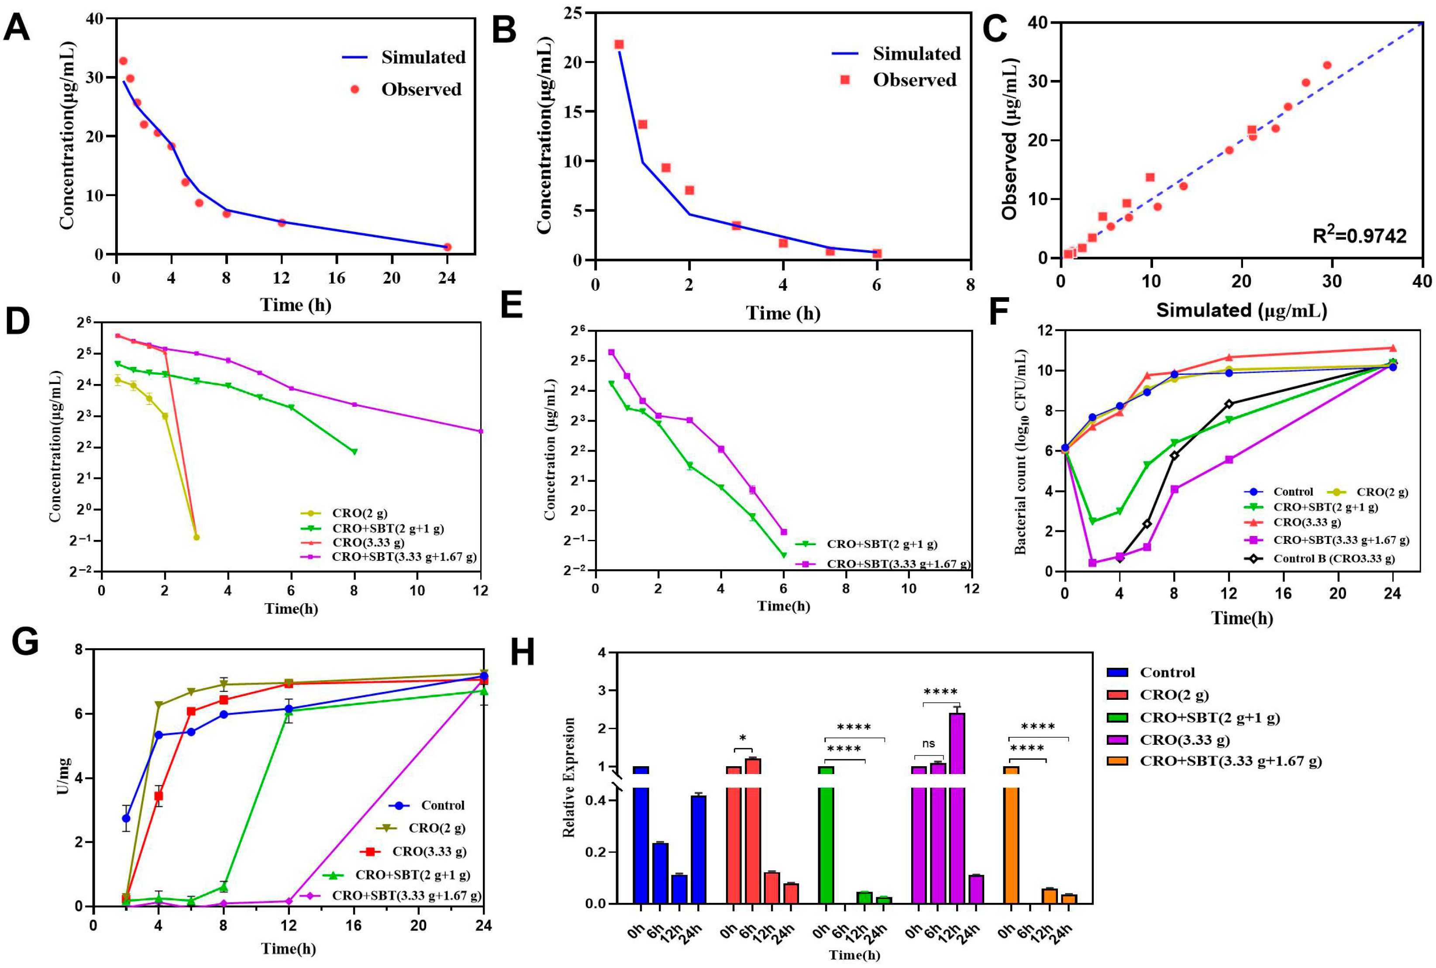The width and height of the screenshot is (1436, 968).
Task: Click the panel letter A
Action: pyautogui.click(x=17, y=28)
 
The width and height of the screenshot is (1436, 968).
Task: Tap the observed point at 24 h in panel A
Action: pyautogui.click(x=448, y=247)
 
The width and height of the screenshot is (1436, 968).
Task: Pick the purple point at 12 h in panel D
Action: pyautogui.click(x=481, y=431)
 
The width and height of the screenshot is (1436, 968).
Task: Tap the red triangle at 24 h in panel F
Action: pyautogui.click(x=1393, y=348)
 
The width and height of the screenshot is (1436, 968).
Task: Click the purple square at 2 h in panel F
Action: pyautogui.click(x=1092, y=562)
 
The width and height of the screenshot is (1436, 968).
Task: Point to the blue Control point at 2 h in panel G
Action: pyautogui.click(x=126, y=818)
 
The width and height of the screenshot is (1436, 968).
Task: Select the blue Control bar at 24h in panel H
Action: pyautogui.click(x=698, y=850)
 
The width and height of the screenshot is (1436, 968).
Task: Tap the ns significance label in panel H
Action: pyautogui.click(x=928, y=744)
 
